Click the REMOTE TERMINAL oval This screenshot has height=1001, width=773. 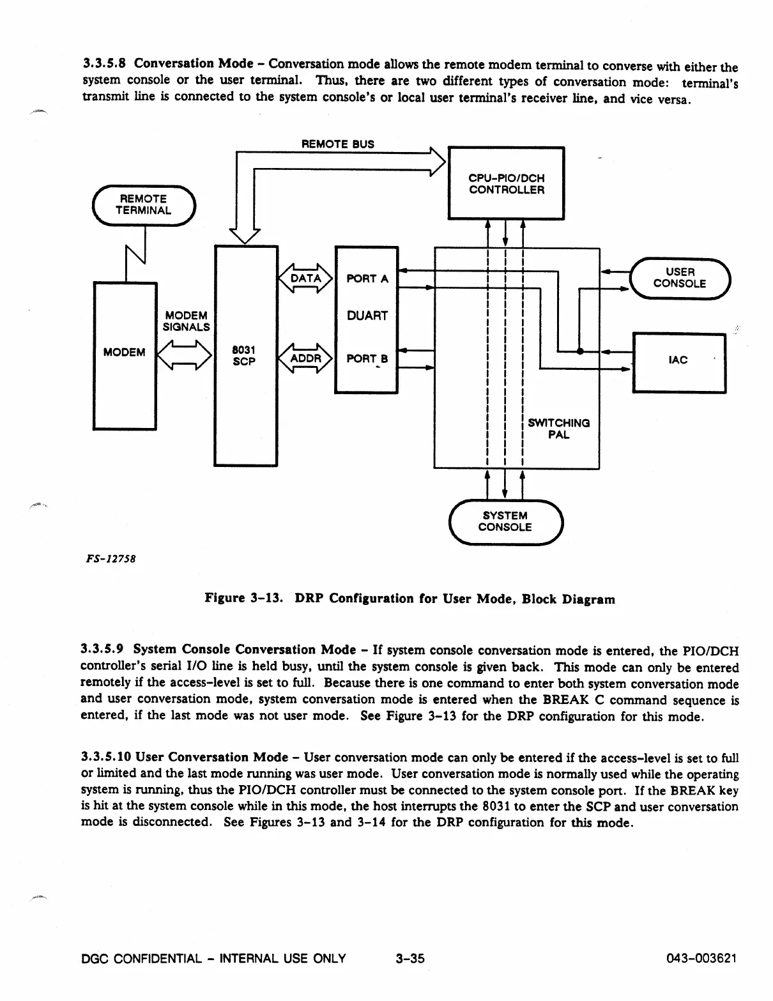(144, 205)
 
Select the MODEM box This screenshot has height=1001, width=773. (125, 355)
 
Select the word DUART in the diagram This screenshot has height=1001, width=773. (367, 316)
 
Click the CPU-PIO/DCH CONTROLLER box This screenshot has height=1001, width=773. (506, 183)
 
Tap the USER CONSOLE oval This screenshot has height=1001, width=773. (680, 278)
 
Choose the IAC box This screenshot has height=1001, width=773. (678, 361)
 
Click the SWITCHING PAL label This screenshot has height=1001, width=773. (558, 429)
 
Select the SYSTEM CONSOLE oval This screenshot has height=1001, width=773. (505, 521)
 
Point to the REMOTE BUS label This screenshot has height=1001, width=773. (337, 144)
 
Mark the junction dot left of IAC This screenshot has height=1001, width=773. (580, 351)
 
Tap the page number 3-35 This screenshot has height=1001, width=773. (409, 958)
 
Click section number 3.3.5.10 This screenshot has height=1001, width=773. (106, 758)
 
